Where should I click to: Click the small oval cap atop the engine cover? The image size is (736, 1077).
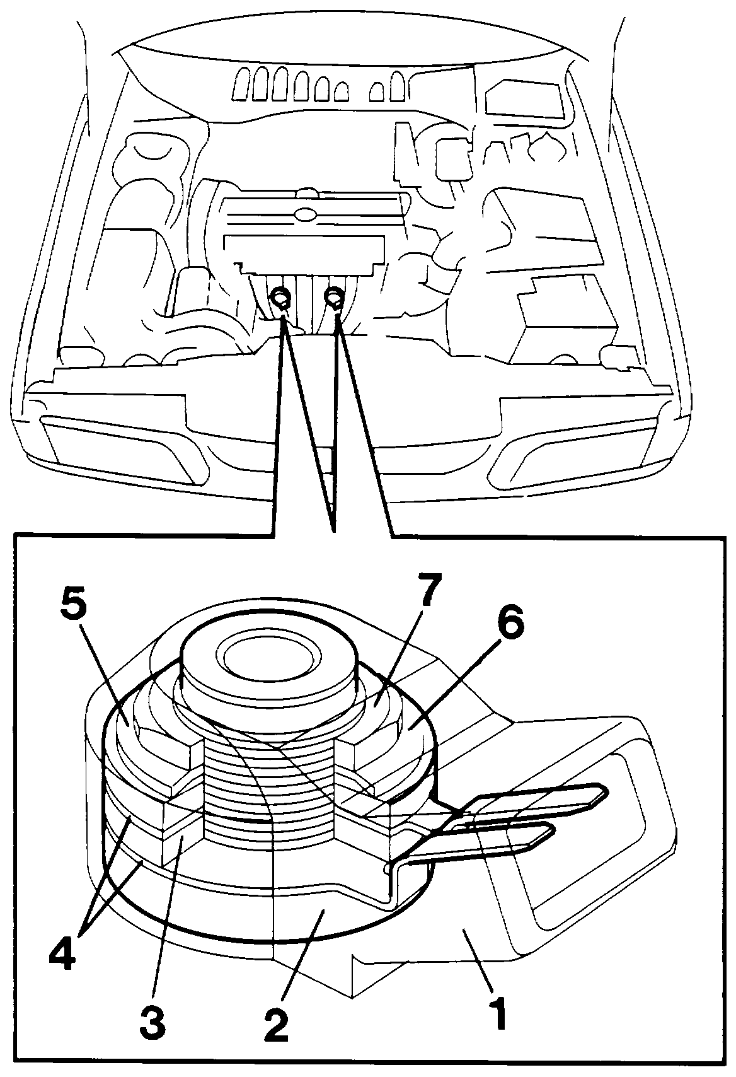(302, 213)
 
